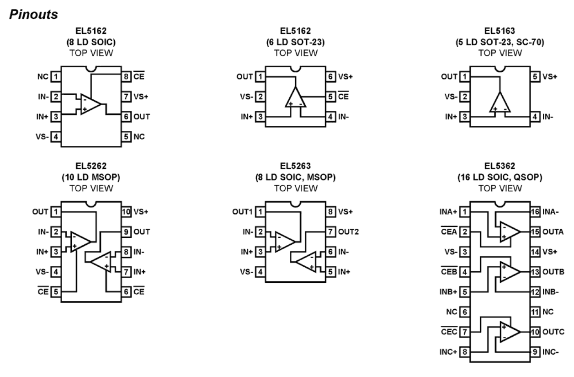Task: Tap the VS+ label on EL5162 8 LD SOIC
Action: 140,96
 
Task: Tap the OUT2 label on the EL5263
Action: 349,232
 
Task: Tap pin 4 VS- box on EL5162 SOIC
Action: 55,136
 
